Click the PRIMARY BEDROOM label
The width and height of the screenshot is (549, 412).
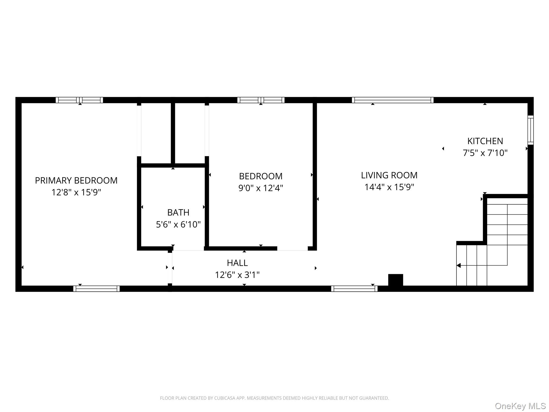(76, 181)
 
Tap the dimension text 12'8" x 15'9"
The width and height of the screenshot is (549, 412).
(76, 192)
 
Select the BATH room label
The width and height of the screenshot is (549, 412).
(178, 212)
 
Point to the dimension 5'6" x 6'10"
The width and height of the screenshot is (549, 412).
(178, 224)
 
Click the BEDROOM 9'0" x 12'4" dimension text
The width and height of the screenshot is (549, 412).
(261, 188)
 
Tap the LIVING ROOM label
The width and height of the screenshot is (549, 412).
(389, 175)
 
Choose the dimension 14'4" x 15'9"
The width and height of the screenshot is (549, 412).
(389, 187)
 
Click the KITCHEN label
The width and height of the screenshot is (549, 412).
(485, 141)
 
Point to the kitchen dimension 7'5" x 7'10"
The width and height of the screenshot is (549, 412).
(485, 153)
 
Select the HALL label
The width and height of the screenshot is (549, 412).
(237, 263)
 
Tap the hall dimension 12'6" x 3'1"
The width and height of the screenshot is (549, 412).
(237, 275)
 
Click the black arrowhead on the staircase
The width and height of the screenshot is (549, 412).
(459, 266)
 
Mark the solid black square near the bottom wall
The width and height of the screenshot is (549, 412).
(395, 280)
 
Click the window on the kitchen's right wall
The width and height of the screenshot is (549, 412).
(530, 130)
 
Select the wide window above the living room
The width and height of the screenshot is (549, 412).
(392, 100)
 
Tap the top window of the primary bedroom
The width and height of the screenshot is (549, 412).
(79, 100)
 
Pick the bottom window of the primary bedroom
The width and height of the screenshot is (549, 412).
(97, 289)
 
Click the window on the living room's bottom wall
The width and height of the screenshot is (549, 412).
(354, 289)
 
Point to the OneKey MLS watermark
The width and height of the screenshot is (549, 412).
(520, 406)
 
